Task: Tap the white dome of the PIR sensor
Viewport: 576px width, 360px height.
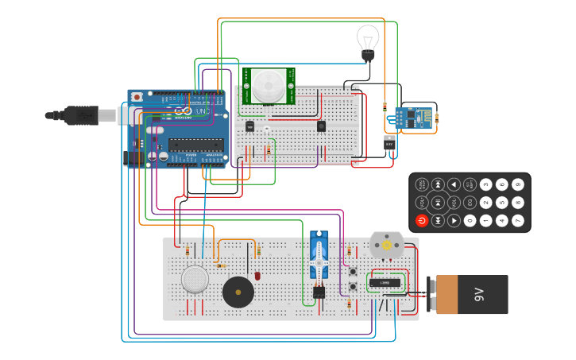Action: point(269,84)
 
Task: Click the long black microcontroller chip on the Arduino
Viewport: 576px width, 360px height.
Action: point(195,145)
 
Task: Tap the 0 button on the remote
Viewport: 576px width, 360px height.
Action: point(470,220)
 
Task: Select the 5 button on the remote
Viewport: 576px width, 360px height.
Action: point(501,203)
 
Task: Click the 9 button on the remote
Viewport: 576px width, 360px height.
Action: point(518,184)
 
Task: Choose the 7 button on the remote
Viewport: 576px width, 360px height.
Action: point(518,220)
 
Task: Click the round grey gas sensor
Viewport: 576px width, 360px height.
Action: point(195,279)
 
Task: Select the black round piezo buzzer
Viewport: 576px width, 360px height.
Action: point(238,292)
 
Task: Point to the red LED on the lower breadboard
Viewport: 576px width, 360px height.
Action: point(257,276)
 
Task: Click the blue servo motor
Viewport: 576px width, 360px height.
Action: point(319,255)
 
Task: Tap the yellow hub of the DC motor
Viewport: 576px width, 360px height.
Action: point(387,246)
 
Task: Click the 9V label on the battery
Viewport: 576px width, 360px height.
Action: point(479,295)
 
